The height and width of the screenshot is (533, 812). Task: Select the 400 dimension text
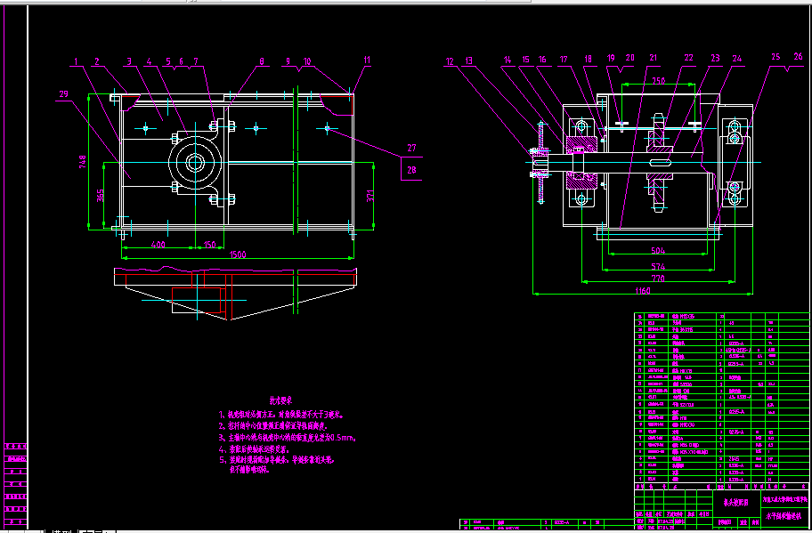158,244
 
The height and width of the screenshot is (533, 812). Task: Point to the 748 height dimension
83,161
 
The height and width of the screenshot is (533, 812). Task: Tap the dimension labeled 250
658,80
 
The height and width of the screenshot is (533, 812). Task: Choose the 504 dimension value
658,251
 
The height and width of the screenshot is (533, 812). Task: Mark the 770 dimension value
658,278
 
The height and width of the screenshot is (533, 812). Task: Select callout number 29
62,94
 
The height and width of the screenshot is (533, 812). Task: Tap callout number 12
450,61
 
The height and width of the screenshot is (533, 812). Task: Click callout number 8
262,61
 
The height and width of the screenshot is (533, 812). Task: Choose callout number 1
77,61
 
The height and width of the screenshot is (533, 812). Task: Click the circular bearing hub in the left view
192,161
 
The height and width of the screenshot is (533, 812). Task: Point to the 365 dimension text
101,195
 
